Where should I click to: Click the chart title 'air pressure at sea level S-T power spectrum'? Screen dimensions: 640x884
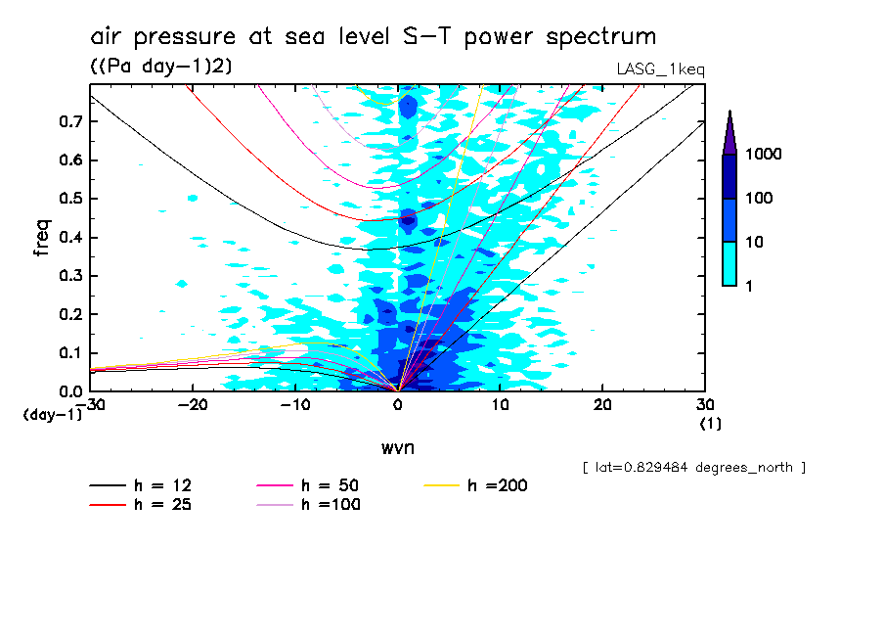pyautogui.click(x=373, y=37)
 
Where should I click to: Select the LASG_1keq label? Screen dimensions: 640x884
pyautogui.click(x=660, y=69)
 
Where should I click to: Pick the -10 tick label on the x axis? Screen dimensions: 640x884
pyautogui.click(x=294, y=405)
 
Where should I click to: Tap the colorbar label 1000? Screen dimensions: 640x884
pyautogui.click(x=767, y=155)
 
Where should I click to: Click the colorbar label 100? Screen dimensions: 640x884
pyautogui.click(x=763, y=199)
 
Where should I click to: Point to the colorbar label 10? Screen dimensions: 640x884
pyautogui.click(x=759, y=242)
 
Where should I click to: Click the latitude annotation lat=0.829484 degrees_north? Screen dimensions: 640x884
pyautogui.click(x=693, y=468)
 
